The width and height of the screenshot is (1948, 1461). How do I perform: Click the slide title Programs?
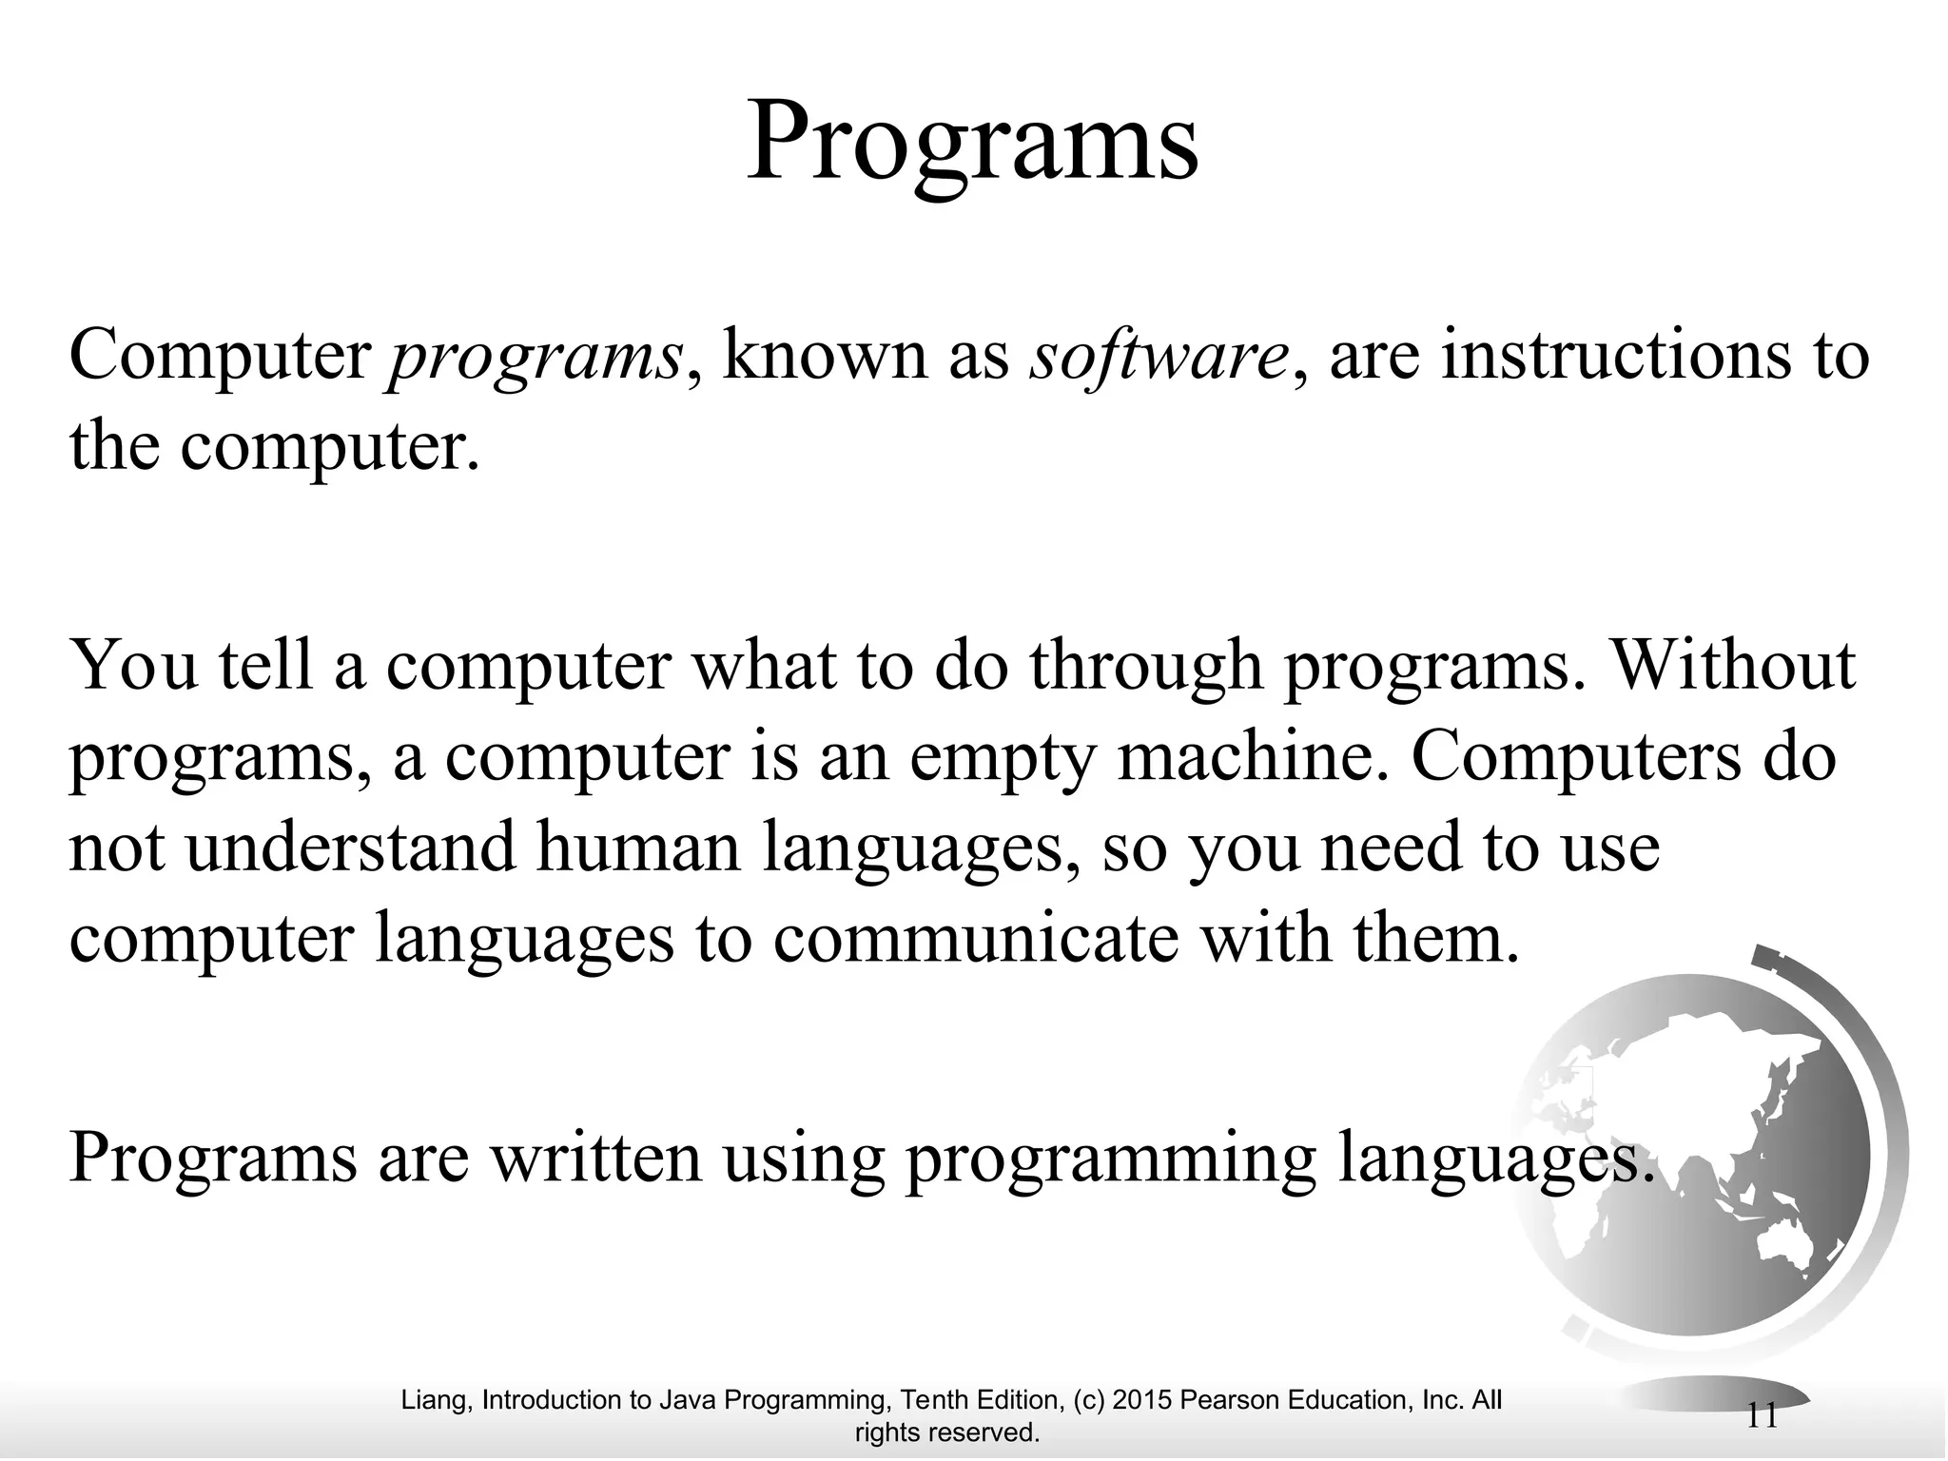972,141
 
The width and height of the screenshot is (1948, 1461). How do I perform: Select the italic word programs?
536,357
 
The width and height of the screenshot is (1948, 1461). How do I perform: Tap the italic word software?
1158,357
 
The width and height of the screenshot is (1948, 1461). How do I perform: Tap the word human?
639,847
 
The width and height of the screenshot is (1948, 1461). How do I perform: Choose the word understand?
351,847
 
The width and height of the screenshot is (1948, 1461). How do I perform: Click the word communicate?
975,938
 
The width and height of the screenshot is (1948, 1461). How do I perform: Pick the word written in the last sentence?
595,1158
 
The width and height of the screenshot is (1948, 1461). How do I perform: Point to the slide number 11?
1763,1416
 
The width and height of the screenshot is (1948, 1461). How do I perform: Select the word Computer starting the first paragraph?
221,357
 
